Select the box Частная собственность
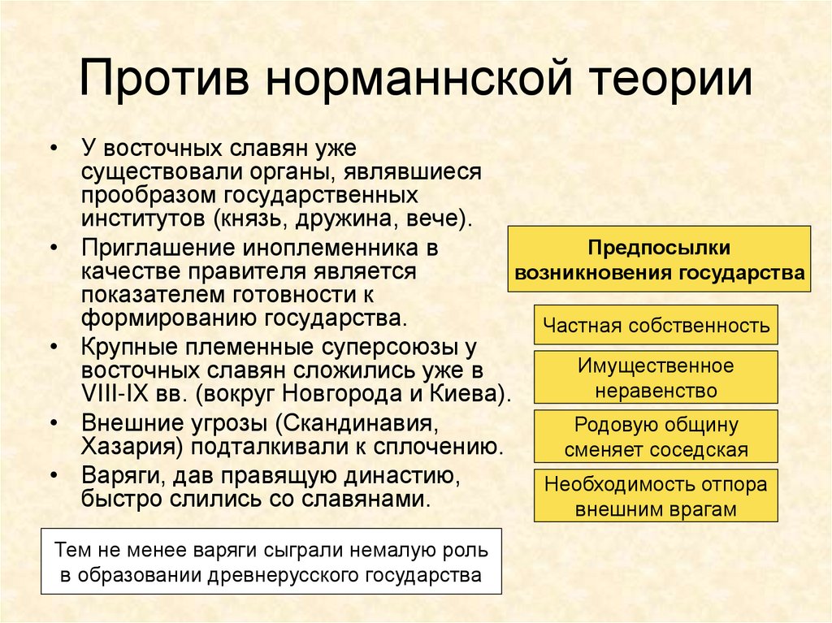pyautogui.click(x=656, y=326)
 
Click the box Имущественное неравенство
pyautogui.click(x=656, y=378)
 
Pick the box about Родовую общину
pyautogui.click(x=656, y=437)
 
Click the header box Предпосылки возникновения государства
pyautogui.click(x=659, y=260)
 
